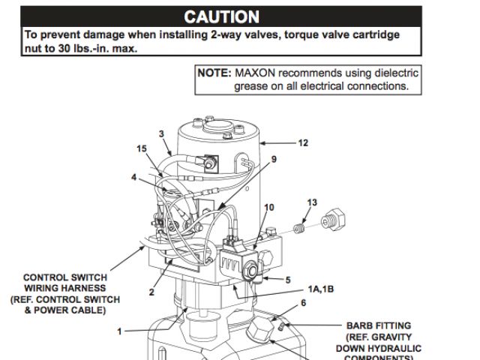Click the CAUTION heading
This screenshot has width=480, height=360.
pyautogui.click(x=222, y=16)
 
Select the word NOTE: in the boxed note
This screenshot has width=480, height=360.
pyautogui.click(x=215, y=73)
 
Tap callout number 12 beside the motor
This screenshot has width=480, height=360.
pyautogui.click(x=303, y=142)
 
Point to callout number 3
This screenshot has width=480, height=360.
pyautogui.click(x=161, y=133)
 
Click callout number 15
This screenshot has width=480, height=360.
pyautogui.click(x=142, y=148)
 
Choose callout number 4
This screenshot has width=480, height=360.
pyautogui.click(x=134, y=178)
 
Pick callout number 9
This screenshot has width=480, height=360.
pyautogui.click(x=274, y=159)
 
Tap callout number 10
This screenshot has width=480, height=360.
pyautogui.click(x=268, y=207)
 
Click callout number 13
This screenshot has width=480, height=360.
pyautogui.click(x=312, y=202)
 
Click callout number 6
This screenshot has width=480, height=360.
pyautogui.click(x=303, y=303)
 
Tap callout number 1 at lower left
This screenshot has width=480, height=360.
pyautogui.click(x=118, y=331)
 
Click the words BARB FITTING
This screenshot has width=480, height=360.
pyautogui.click(x=378, y=326)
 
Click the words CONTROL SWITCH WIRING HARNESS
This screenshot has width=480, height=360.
pyautogui.click(x=64, y=282)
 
